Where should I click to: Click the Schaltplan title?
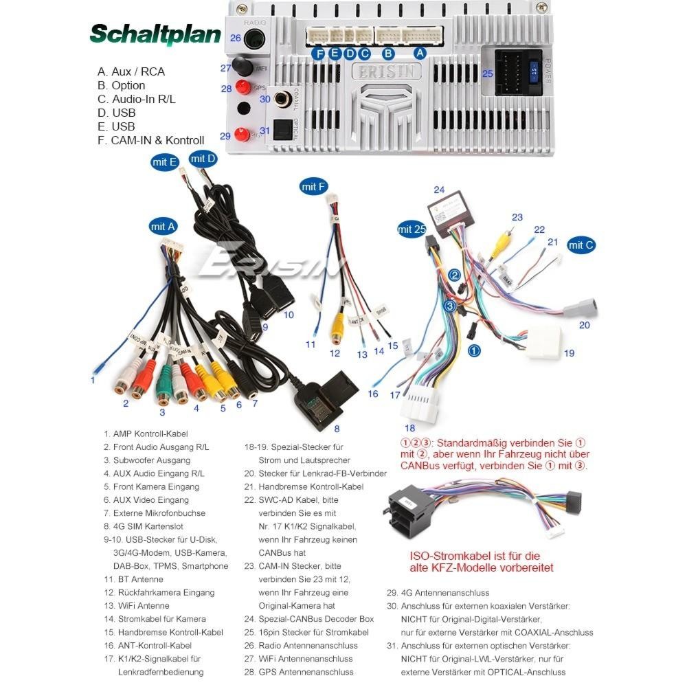(155, 34)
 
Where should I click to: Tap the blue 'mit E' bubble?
(165, 162)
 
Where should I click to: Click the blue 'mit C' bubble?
(581, 245)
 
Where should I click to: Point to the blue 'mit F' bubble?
(313, 186)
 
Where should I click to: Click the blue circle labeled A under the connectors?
(420, 53)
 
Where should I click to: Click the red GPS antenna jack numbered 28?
(242, 87)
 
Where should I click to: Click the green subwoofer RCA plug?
(164, 387)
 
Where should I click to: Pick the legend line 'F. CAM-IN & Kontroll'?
(151, 140)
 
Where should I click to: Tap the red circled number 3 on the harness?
(449, 306)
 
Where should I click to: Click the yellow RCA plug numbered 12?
(336, 329)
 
